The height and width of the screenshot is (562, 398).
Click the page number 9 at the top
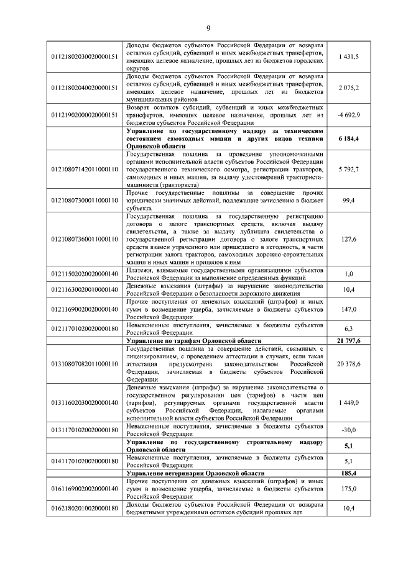pos(208,28)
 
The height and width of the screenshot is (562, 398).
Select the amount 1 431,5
pos(349,57)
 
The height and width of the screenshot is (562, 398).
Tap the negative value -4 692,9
pos(349,115)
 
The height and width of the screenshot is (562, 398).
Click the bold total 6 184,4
pos(349,139)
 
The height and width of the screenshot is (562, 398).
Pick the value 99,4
pos(349,201)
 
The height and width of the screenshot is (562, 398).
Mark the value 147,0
pos(349,308)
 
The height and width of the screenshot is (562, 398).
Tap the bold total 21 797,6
pos(349,342)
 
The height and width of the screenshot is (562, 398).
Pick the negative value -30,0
pos(349,428)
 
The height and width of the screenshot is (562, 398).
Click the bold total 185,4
pos(349,473)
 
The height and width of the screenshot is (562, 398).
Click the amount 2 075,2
pos(349,88)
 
